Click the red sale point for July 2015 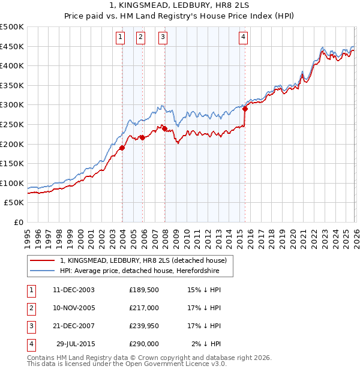245,109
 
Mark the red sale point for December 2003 122,148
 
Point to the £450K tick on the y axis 12,46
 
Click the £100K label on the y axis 12,183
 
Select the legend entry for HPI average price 139,271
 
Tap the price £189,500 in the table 143,290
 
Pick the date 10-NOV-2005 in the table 74,308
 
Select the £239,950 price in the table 143,326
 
